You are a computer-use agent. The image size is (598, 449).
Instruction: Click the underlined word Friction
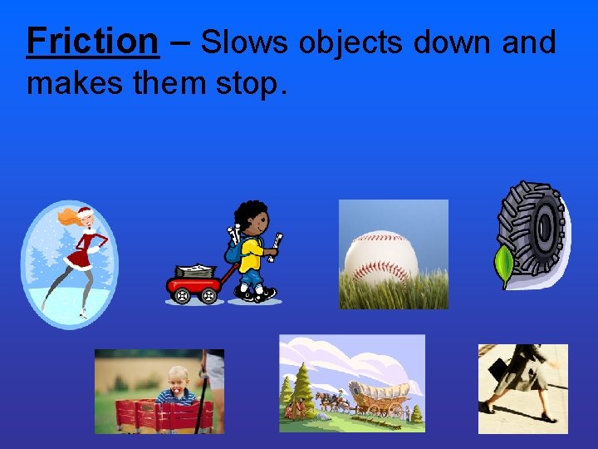(x=92, y=40)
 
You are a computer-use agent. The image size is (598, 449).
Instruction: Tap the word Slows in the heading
(x=240, y=42)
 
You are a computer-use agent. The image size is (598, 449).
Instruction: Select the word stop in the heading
(x=248, y=82)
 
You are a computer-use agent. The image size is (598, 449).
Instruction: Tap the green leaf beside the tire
(x=504, y=265)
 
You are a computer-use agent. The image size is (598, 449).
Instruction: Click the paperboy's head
(x=252, y=219)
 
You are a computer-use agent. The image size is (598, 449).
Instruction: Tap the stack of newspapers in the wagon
(x=196, y=270)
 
